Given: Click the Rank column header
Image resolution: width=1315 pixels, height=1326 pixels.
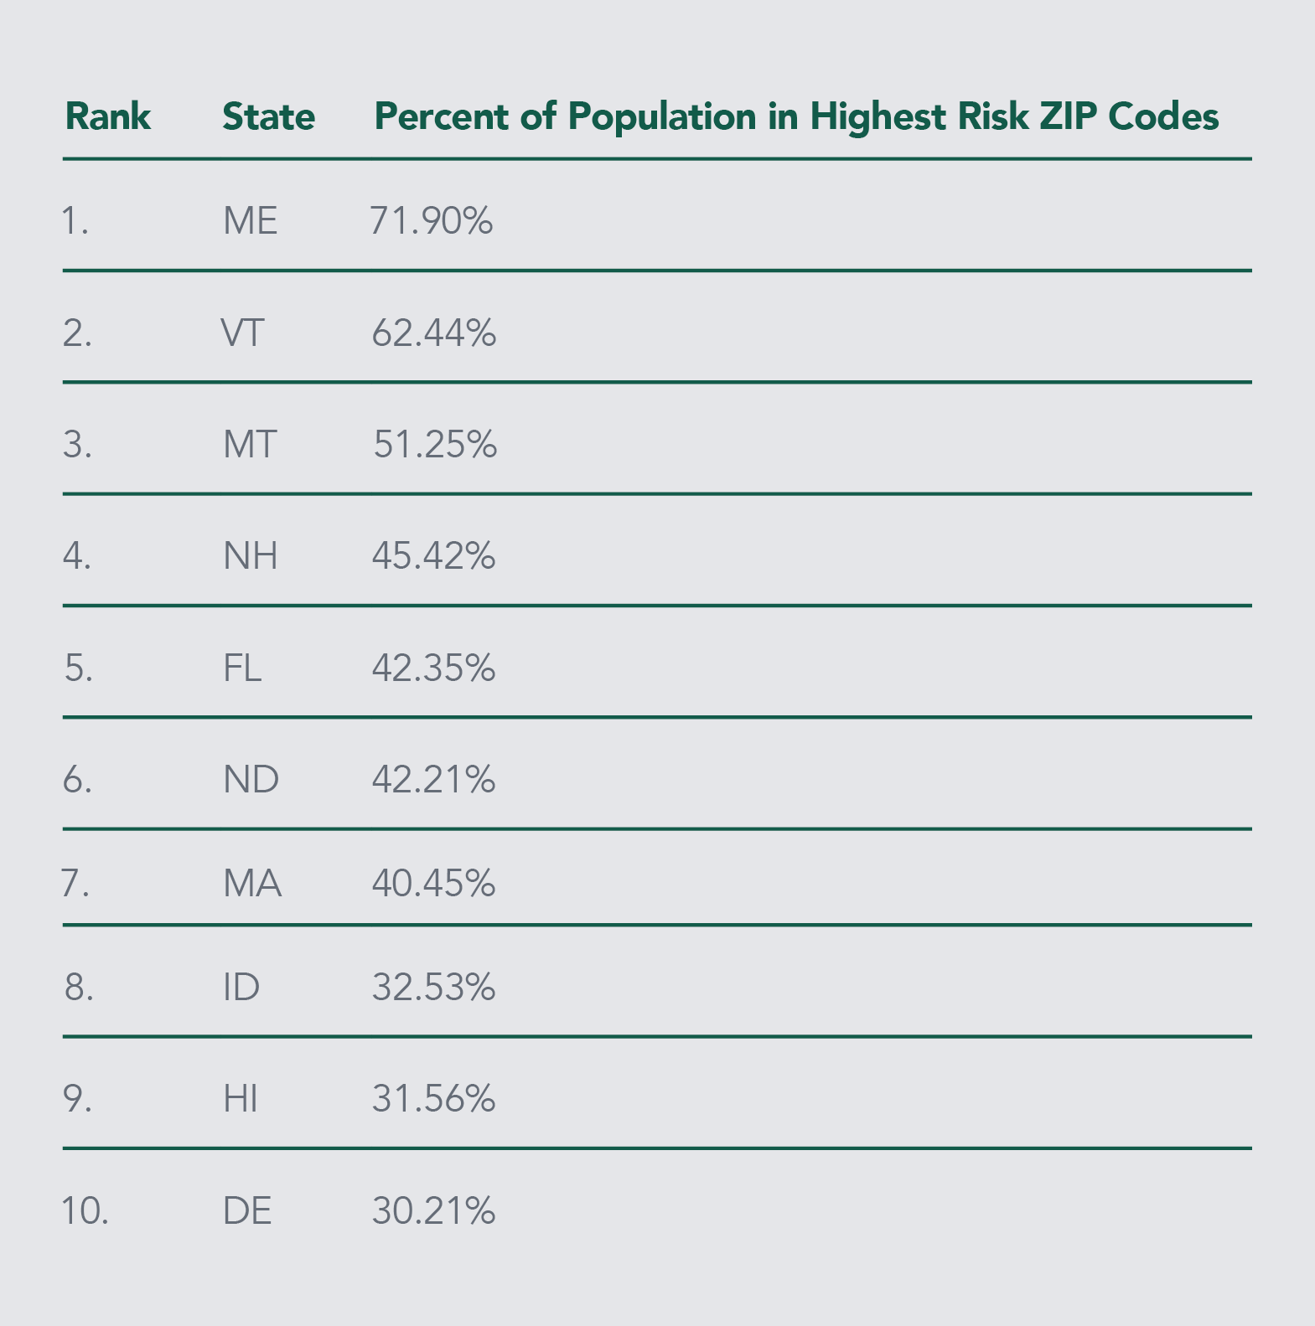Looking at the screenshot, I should point(107,116).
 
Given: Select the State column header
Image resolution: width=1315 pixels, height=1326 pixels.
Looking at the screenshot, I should point(268,116).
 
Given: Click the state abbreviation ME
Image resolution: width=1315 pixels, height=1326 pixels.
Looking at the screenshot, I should point(250,221).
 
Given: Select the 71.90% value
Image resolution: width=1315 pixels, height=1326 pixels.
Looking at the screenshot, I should point(431,221).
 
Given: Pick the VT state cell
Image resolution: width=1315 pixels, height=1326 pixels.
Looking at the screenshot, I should point(242,333).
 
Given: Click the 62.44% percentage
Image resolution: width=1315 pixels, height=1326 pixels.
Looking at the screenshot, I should point(433,333).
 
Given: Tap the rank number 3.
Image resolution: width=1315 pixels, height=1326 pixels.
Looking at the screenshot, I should point(76,445).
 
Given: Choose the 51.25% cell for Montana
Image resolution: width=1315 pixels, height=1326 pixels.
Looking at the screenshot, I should point(434,445).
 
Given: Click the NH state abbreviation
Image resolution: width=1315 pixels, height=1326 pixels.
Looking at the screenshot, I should point(250,556).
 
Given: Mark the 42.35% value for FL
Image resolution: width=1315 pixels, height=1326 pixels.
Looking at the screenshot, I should point(433,668).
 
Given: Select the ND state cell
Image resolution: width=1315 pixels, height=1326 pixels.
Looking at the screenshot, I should point(251,780).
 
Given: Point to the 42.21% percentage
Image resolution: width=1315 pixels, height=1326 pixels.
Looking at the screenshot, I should point(433,780).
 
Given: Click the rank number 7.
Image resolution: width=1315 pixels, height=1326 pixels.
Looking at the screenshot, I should point(75,884).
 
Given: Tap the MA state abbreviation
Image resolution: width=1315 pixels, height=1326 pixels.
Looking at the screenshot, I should point(251,884).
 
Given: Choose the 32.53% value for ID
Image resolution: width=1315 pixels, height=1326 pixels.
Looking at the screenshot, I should point(433,988).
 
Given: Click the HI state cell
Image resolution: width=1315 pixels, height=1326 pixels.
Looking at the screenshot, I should point(240,1099).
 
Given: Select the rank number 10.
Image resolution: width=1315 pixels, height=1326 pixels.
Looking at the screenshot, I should point(85,1211).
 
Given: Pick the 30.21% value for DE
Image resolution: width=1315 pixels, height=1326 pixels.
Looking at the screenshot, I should point(433,1211).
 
